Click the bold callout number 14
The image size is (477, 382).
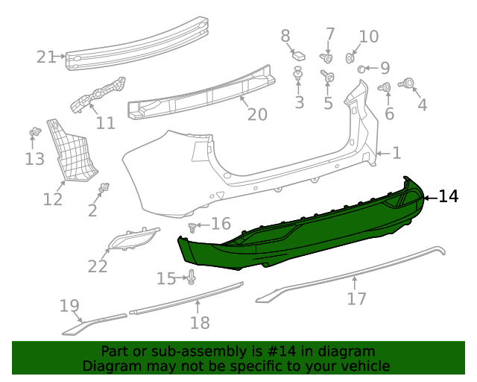pyautogui.click(x=448, y=196)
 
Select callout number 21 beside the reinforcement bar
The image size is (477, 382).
pyautogui.click(x=46, y=57)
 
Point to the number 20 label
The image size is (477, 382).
pyautogui.click(x=257, y=115)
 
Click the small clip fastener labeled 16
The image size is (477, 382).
pyautogui.click(x=192, y=228)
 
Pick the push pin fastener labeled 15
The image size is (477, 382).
pyautogui.click(x=191, y=277)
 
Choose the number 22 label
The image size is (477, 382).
pyautogui.click(x=98, y=266)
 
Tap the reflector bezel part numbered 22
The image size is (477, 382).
pyautogui.click(x=134, y=239)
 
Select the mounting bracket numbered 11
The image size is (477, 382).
pyautogui.click(x=98, y=94)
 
